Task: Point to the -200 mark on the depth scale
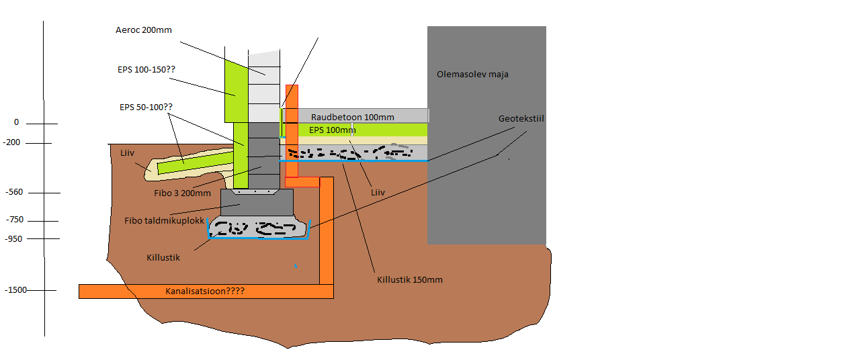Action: coord(12,142)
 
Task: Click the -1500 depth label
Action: coord(15,290)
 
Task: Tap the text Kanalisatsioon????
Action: coord(205,291)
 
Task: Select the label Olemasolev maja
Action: coord(472,75)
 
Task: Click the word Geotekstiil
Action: coord(521,118)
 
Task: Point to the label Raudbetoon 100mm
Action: coord(353,117)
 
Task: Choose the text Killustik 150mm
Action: coord(410,279)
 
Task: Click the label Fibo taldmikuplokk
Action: coord(165,220)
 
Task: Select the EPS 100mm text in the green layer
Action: coord(332,130)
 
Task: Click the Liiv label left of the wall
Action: coord(128,153)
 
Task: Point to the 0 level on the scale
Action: coord(16,122)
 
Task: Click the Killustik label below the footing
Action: coord(163,257)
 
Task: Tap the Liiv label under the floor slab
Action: coord(378,192)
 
